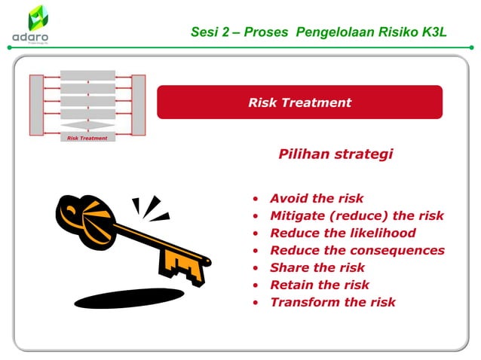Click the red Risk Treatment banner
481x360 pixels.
(299, 102)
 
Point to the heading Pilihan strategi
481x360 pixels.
(335, 154)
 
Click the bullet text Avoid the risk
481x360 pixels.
(317, 199)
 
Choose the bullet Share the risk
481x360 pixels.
(317, 267)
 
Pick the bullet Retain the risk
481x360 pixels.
(320, 285)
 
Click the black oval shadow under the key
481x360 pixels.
(129, 298)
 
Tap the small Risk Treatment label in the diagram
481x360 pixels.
(87, 139)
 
